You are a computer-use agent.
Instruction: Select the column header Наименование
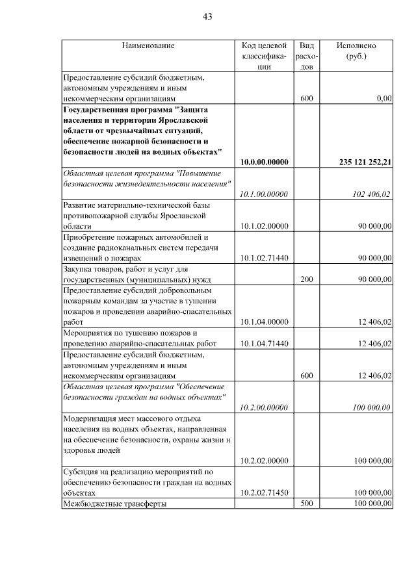148,46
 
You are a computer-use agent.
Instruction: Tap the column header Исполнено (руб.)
356,51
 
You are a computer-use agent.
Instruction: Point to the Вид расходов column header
307,56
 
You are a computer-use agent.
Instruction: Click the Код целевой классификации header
264,56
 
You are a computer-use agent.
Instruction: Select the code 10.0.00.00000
264,162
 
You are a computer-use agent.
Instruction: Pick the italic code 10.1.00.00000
264,194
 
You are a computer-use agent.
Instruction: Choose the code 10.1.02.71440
264,258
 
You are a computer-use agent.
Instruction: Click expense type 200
307,279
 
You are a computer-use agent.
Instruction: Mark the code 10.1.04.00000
264,321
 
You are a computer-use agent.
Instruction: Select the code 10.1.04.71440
264,343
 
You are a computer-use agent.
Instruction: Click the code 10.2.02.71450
264,492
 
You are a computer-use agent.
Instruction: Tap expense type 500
307,504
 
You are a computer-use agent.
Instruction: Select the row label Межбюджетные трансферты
114,504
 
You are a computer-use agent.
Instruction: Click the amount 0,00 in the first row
383,99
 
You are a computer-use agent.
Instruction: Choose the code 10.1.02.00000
264,225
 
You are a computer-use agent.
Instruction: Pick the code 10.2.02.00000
264,461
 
